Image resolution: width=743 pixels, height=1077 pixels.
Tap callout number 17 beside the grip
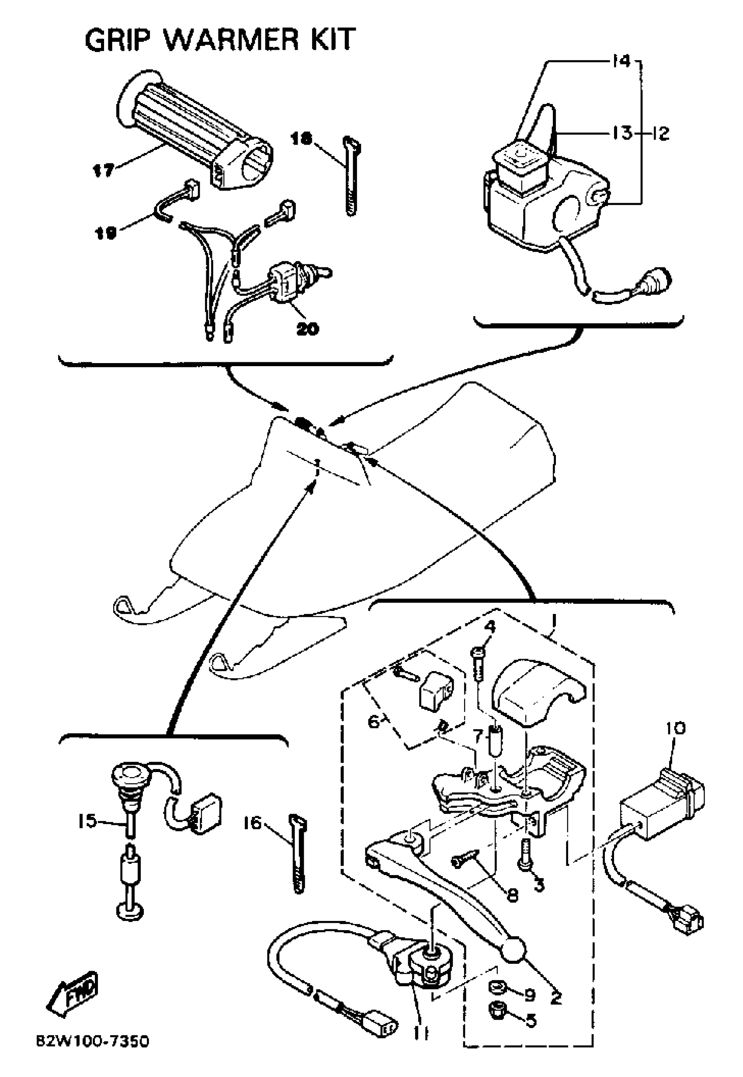tap(102, 170)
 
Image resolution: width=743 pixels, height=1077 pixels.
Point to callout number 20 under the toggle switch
tap(307, 329)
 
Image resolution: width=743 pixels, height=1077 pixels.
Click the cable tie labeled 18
tap(350, 177)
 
